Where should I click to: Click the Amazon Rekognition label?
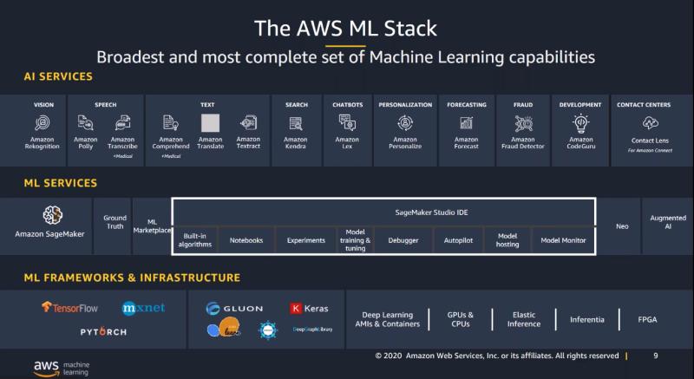click(43, 143)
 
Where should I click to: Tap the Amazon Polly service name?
click(85, 143)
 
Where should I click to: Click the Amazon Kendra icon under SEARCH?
click(296, 123)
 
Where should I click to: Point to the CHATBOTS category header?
click(347, 105)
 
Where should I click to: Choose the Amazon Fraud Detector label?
click(523, 143)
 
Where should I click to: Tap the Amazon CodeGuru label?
click(581, 143)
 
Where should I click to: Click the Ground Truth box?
click(115, 222)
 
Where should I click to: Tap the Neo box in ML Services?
click(622, 225)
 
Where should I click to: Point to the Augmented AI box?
click(667, 222)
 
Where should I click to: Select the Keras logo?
click(309, 309)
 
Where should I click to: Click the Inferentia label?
click(587, 319)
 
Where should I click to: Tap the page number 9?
click(655, 355)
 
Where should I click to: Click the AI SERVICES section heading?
click(58, 77)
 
